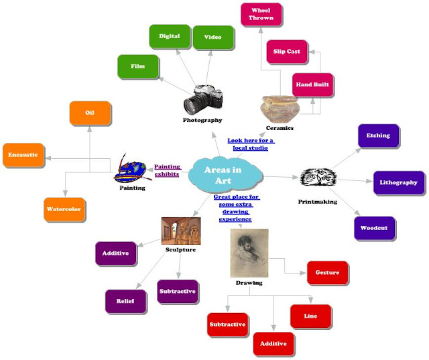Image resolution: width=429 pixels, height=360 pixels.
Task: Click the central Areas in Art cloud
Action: (225, 174)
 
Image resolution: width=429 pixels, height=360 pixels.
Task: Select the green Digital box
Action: (164, 36)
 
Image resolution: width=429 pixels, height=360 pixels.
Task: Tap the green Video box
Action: (212, 37)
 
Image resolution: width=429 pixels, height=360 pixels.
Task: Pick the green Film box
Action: (137, 67)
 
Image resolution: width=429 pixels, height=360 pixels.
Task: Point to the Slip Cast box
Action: (288, 52)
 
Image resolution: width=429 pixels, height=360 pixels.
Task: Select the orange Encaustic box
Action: (23, 155)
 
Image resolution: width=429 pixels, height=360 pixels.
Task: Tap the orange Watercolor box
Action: (64, 209)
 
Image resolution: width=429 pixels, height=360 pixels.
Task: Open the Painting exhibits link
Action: (167, 170)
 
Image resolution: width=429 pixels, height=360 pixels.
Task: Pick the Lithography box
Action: (398, 182)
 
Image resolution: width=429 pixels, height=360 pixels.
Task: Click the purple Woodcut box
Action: (374, 228)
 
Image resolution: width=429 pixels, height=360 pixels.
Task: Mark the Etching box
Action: (378, 135)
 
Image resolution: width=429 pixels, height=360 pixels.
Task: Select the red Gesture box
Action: (327, 273)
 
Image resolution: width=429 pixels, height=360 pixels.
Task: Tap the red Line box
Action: (310, 316)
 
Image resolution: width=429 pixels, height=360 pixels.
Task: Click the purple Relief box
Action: (125, 302)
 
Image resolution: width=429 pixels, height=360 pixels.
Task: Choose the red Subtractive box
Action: (227, 325)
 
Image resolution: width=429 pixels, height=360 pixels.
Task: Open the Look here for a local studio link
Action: (251, 144)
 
